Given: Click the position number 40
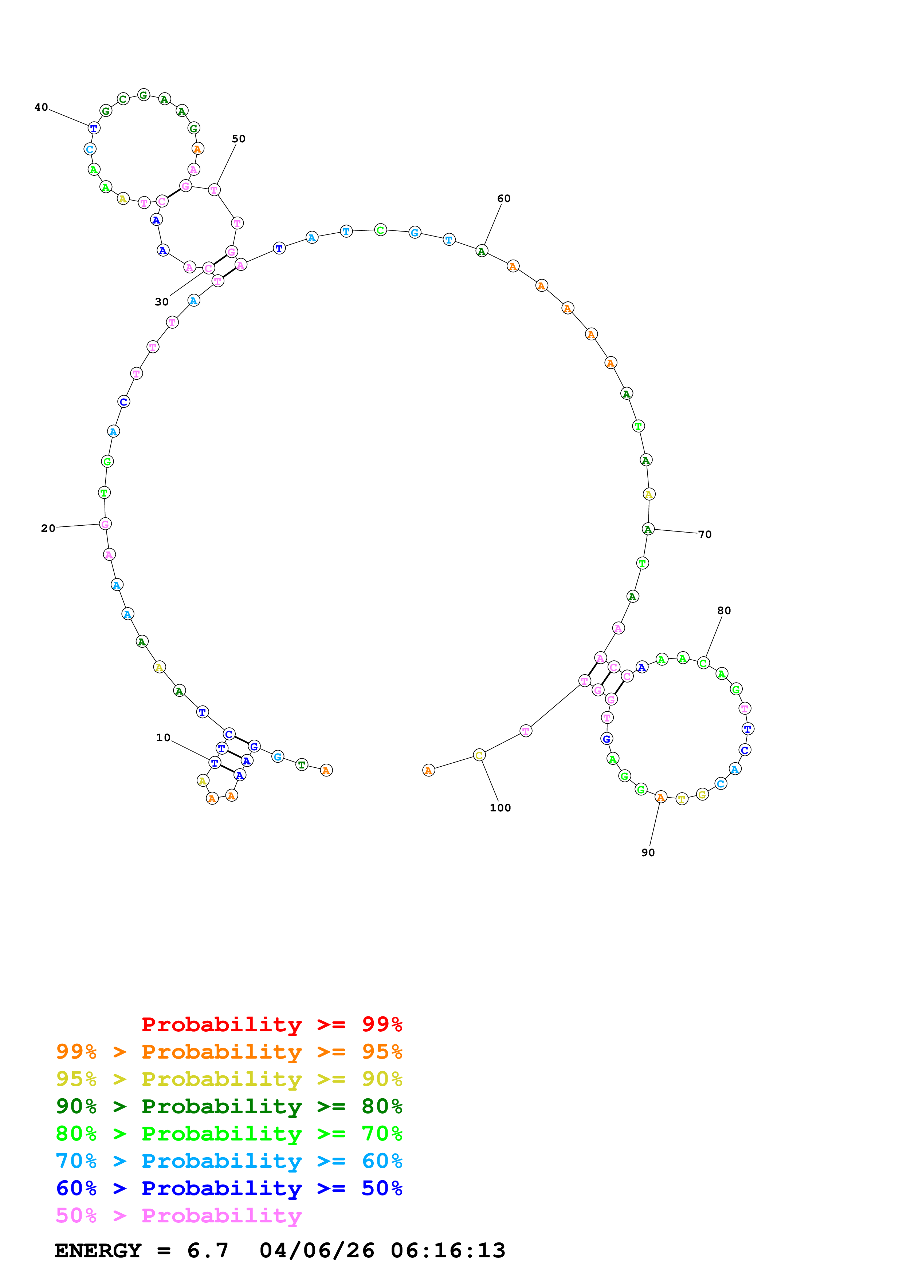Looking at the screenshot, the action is (x=41, y=107).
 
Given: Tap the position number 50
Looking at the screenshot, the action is (x=238, y=139).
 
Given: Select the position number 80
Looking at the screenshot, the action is (x=724, y=611).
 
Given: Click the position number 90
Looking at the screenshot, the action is (x=648, y=853).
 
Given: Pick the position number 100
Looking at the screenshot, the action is (x=500, y=808).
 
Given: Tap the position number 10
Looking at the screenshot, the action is (x=163, y=738).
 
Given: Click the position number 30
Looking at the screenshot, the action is (x=161, y=302).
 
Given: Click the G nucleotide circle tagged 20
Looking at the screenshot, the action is (x=105, y=524).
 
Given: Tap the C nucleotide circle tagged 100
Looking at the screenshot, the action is (x=479, y=755).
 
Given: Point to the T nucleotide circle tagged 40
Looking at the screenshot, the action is (x=94, y=129).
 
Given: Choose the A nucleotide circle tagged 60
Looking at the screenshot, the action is (x=482, y=252).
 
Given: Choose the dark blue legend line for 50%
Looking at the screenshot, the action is (x=229, y=1188).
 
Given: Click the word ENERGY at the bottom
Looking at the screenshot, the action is (x=98, y=1251).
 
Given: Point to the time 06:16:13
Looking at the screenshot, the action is (x=448, y=1251).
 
